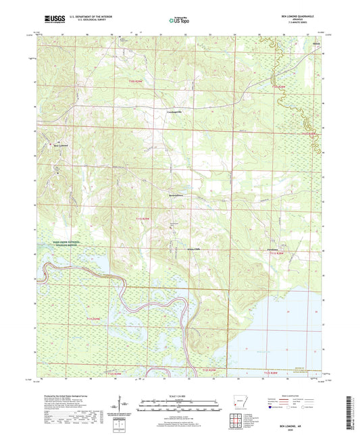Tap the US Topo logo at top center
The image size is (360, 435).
(x=180, y=20)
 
